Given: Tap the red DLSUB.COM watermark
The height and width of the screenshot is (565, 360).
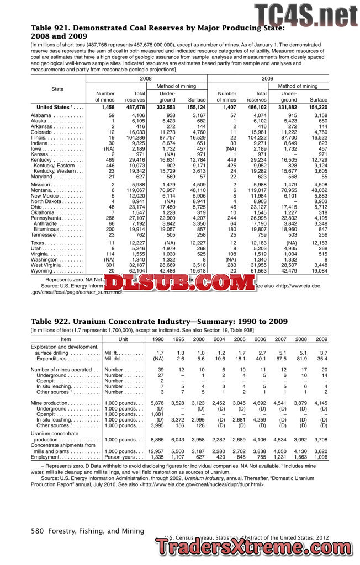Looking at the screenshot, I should click(x=179, y=284).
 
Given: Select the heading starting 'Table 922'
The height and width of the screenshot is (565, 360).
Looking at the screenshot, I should click(x=159, y=322).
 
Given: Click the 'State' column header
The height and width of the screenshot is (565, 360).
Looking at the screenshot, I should click(x=57, y=89).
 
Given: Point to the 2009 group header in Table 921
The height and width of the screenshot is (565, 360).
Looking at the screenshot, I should click(x=267, y=79).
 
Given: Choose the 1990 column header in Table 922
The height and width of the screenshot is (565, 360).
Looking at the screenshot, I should click(x=157, y=339).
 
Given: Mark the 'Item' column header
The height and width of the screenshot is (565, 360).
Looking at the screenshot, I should click(x=66, y=339).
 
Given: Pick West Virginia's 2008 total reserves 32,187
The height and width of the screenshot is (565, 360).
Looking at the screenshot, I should click(x=135, y=265).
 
